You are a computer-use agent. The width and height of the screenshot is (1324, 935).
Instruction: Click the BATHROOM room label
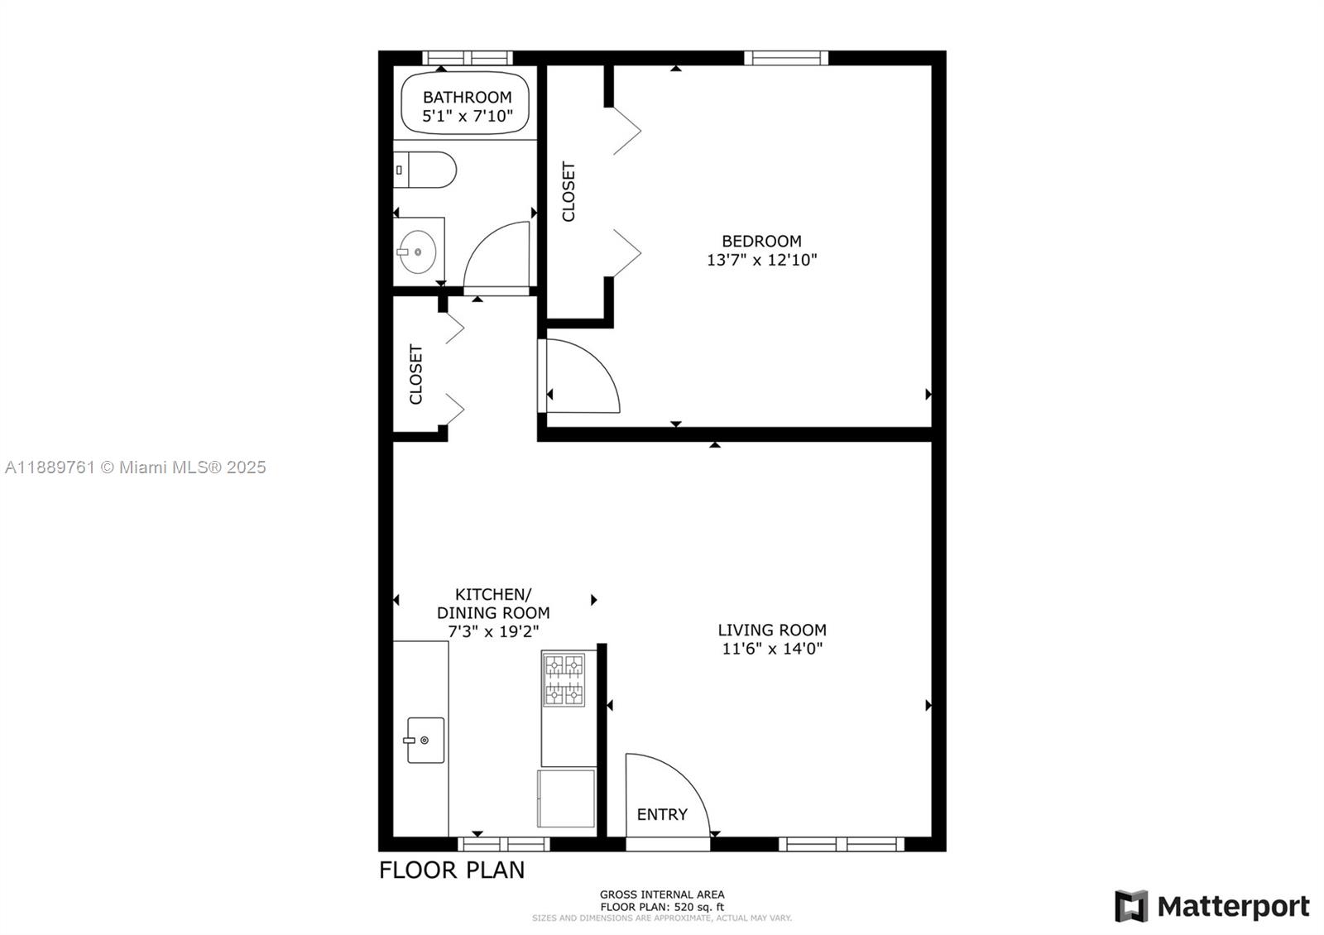click(467, 98)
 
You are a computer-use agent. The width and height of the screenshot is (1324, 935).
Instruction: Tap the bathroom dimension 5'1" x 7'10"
click(467, 117)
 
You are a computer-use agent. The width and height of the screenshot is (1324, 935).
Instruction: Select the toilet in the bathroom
click(425, 170)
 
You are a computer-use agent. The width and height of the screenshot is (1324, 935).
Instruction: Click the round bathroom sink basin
click(417, 252)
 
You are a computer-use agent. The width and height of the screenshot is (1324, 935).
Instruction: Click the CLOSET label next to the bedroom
click(568, 192)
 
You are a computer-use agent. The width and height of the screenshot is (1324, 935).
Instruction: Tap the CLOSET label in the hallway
click(415, 374)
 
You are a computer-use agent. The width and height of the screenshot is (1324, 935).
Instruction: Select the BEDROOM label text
click(761, 241)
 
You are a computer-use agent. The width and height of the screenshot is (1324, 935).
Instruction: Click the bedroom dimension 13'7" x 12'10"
click(761, 260)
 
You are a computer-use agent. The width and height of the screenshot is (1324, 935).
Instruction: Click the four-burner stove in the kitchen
click(564, 679)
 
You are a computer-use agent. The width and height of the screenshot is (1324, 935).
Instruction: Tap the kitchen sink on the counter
click(425, 740)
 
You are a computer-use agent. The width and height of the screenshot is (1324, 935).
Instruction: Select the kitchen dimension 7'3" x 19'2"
click(493, 631)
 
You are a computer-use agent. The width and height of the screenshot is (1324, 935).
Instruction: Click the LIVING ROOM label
click(771, 630)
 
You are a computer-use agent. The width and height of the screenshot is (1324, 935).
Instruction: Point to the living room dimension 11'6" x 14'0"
click(771, 649)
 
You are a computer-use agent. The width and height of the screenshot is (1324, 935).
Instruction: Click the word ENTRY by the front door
click(662, 814)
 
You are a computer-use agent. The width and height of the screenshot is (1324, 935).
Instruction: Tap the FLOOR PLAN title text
click(452, 870)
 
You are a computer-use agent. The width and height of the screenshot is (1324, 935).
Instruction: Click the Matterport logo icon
click(1130, 906)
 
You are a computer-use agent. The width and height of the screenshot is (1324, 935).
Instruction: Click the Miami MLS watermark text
click(135, 467)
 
